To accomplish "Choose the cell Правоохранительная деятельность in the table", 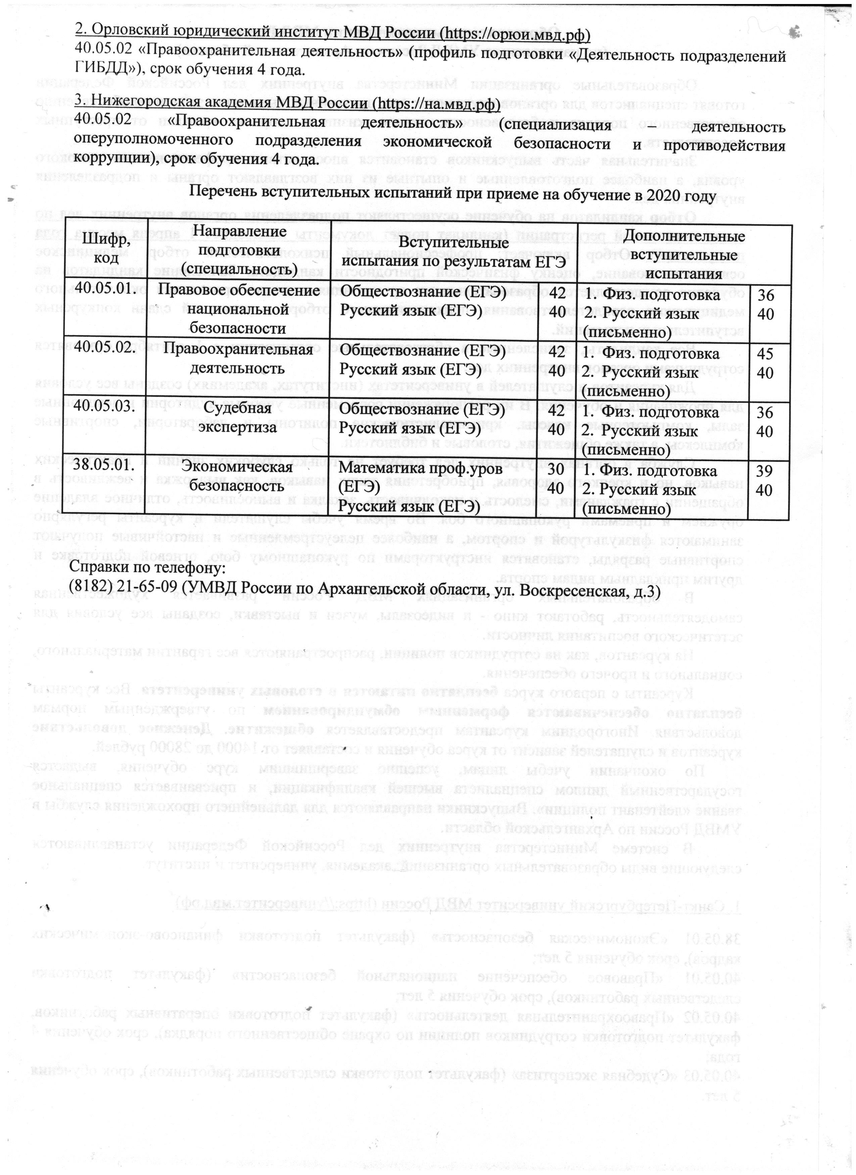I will point(237,358).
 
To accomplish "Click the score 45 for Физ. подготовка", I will point(765,354).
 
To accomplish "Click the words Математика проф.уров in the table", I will point(420,470).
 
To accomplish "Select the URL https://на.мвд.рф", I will point(435,104).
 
